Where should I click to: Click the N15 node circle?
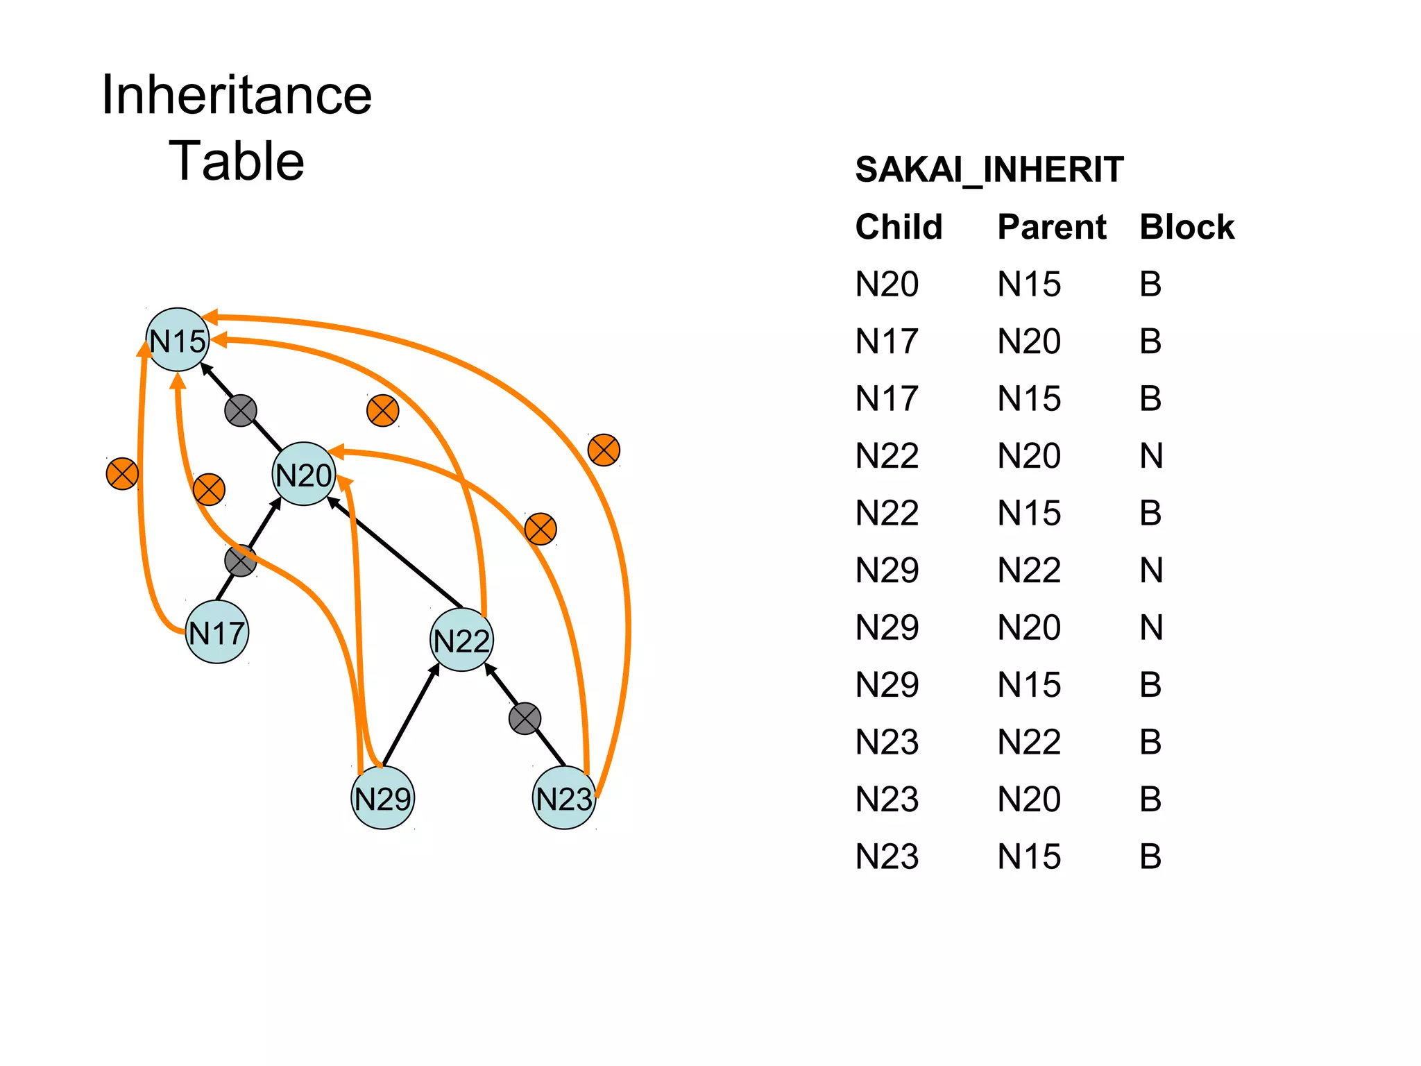pos(178,339)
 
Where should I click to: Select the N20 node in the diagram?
pos(303,474)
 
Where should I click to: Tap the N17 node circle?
pos(217,632)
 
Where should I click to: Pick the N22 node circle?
pos(461,640)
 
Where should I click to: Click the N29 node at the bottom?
pos(383,797)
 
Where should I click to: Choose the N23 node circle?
pos(563,797)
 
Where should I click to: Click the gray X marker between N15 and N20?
pos(241,411)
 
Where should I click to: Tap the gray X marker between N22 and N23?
pos(525,718)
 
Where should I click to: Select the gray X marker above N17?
pos(240,561)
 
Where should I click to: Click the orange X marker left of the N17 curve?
pos(122,474)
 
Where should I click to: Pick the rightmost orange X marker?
pos(604,450)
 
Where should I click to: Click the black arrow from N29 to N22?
pos(411,715)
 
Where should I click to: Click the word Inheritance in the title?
pos(237,95)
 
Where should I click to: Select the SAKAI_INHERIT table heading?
pos(989,169)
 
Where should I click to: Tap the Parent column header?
pos(1051,227)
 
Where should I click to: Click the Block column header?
pos(1186,227)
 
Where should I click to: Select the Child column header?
pos(899,227)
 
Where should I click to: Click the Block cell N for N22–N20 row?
pos(1151,456)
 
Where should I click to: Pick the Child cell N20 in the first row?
pos(887,285)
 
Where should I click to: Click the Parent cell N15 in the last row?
pos(1029,856)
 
